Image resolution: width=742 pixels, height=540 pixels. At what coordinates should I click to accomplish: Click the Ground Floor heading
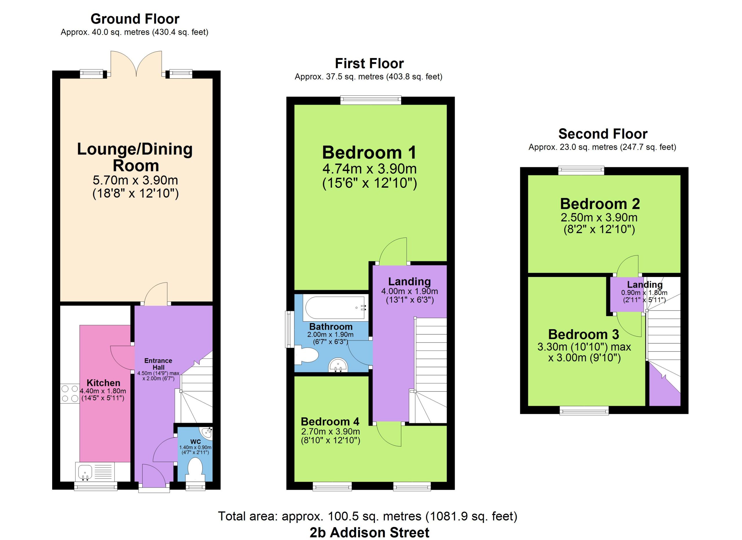135,19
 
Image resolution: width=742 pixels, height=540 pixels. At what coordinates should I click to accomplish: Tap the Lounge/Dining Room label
135,157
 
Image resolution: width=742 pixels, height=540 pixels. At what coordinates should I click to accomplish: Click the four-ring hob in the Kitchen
70,394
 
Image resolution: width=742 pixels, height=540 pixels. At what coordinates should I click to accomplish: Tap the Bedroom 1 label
369,153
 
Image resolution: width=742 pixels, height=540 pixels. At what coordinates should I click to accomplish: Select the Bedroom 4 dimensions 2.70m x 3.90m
330,431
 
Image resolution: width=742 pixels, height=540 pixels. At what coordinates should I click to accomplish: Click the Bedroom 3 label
584,334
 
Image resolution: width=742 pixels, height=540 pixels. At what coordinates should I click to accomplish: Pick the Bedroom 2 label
600,204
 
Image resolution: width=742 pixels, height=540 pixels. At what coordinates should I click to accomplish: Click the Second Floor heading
603,134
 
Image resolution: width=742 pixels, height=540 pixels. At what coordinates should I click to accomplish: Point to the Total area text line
368,516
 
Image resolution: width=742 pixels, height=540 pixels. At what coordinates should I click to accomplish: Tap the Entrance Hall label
158,364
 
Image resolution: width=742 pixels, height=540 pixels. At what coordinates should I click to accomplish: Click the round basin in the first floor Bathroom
338,366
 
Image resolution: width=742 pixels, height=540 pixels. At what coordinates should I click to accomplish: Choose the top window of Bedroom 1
371,100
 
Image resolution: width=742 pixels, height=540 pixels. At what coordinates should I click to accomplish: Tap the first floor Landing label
409,281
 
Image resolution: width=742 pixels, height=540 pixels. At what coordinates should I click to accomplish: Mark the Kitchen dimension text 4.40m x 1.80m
103,391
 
